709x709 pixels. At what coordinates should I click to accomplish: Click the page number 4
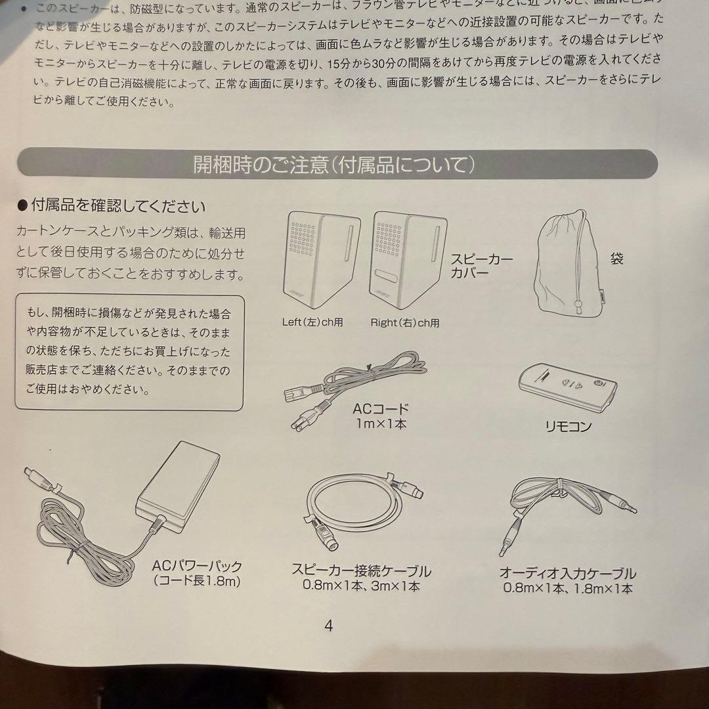[x=328, y=626]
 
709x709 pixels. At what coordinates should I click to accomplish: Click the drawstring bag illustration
[x=569, y=263]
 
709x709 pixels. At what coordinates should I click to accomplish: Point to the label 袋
[x=616, y=257]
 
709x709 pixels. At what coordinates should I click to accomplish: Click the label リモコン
[x=568, y=427]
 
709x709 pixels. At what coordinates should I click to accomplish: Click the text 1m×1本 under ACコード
[x=380, y=424]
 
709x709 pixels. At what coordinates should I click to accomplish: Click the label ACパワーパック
[x=197, y=566]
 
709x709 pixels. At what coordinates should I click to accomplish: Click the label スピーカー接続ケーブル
[x=361, y=570]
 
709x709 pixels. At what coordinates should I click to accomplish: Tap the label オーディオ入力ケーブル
[x=567, y=573]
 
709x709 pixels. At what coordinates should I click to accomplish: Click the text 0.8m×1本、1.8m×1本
[x=567, y=588]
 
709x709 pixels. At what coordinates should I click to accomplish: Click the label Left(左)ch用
[x=312, y=322]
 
